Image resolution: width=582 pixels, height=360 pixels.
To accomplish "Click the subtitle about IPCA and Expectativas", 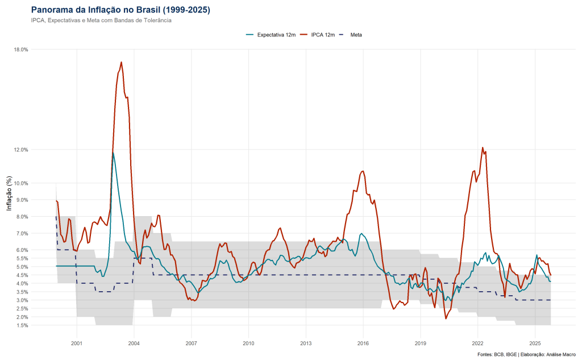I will pyautogui.click(x=101, y=20).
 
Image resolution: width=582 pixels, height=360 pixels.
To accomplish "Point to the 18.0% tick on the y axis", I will pyautogui.click(x=20, y=49).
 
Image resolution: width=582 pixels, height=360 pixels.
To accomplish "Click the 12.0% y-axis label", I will pyautogui.click(x=20, y=150).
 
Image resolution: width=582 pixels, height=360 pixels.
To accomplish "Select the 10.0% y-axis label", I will pyautogui.click(x=20, y=183).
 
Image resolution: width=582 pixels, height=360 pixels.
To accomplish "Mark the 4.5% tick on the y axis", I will pyautogui.click(x=22, y=275).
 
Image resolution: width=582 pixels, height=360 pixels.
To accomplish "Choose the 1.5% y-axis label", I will pyautogui.click(x=22, y=325).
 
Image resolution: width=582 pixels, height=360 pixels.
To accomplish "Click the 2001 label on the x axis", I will pyautogui.click(x=77, y=344).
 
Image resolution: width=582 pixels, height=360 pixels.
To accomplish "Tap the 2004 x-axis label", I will pyautogui.click(x=134, y=344).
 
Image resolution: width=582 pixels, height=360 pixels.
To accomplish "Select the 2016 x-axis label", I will pyautogui.click(x=363, y=344).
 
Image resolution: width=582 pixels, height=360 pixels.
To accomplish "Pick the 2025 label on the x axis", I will pyautogui.click(x=535, y=344).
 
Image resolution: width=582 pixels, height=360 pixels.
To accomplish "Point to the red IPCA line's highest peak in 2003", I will pyautogui.click(x=122, y=62).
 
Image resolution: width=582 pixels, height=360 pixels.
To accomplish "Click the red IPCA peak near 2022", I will pyautogui.click(x=483, y=147).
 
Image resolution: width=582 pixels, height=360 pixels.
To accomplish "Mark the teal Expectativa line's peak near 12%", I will pyautogui.click(x=113, y=152).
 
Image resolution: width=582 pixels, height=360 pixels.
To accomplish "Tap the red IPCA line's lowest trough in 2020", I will pyautogui.click(x=446, y=318).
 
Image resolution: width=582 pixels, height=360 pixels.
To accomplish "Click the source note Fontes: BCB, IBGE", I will pyautogui.click(x=527, y=354).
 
